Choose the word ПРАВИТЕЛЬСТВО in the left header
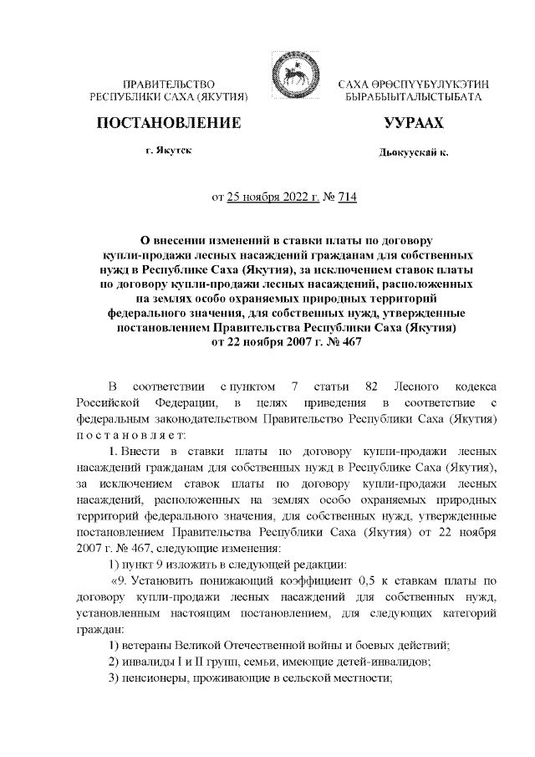click(x=170, y=85)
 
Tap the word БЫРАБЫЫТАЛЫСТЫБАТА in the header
click(x=413, y=98)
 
